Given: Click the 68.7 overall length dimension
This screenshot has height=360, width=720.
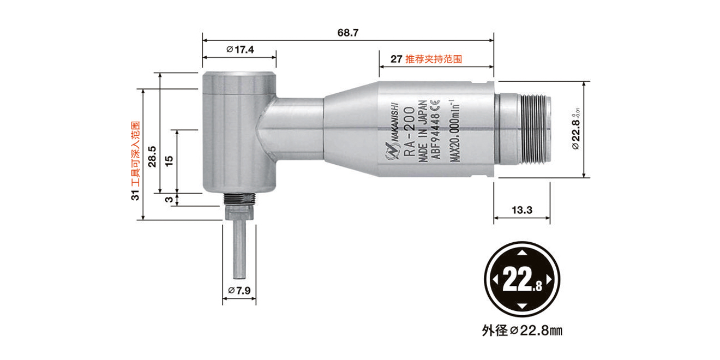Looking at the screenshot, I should [347, 33].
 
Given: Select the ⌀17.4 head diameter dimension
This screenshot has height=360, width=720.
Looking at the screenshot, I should [239, 50].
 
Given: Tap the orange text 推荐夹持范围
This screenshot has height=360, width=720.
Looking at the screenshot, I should [434, 59].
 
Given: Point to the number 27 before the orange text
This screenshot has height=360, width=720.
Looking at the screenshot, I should [397, 59].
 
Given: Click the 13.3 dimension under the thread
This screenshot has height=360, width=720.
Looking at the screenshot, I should [521, 210].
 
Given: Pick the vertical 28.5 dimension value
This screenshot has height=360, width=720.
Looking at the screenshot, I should [153, 156].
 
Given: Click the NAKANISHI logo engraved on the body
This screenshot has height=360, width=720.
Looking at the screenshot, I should [394, 131].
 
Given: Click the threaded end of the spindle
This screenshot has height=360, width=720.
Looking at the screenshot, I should [535, 130].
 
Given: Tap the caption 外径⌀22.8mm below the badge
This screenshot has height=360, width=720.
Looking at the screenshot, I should [522, 330].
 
